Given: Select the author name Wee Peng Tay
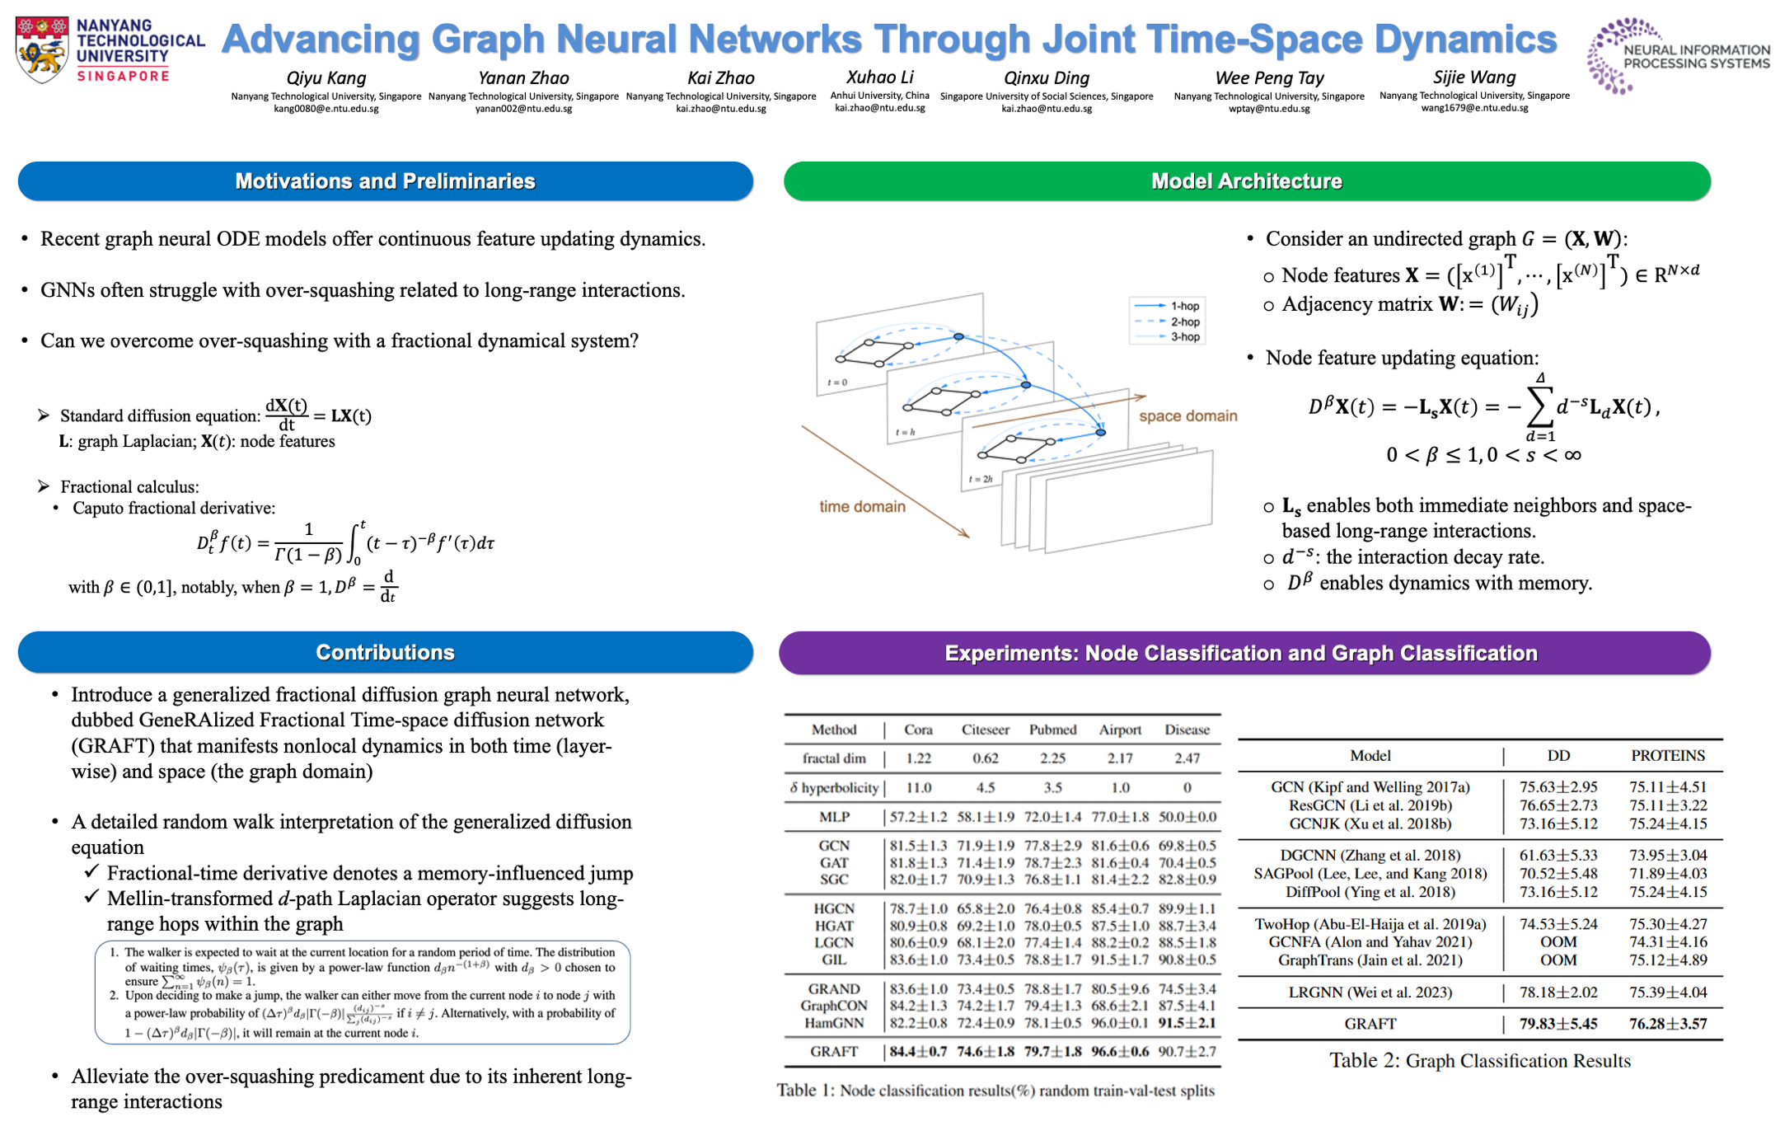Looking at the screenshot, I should click(x=1269, y=78).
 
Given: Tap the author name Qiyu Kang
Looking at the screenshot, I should click(x=326, y=78).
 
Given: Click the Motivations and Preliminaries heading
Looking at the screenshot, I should click(x=385, y=181).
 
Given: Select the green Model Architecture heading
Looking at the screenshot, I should click(x=1246, y=181).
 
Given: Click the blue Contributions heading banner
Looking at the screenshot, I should click(x=385, y=653).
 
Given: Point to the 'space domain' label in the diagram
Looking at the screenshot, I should click(x=1187, y=416).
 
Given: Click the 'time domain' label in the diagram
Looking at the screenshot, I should click(x=862, y=507).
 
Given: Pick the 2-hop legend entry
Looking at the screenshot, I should click(x=1184, y=321).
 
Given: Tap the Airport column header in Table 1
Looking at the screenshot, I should click(x=1120, y=730).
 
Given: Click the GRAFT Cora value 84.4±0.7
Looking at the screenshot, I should click(x=918, y=1052).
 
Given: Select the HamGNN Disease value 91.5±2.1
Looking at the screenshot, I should click(x=1187, y=1023).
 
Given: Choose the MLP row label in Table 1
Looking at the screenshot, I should click(x=834, y=817).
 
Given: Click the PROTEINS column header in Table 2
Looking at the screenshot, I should click(x=1668, y=756).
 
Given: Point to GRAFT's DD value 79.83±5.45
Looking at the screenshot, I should click(x=1558, y=1024).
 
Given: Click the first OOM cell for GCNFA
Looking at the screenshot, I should click(x=1558, y=942).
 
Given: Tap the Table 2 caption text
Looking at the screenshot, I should click(x=1479, y=1061).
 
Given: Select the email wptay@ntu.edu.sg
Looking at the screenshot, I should click(x=1269, y=108).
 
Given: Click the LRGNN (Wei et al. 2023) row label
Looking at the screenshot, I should click(x=1370, y=992).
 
